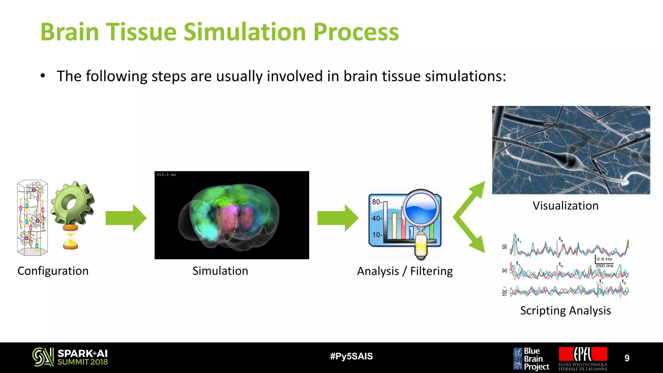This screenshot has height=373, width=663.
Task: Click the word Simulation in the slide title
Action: point(245,32)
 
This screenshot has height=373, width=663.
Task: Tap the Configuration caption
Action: point(53,271)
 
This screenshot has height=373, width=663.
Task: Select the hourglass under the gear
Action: point(71,237)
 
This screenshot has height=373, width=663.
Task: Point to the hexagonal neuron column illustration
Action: point(32,218)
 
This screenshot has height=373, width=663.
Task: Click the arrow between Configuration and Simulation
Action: point(126,218)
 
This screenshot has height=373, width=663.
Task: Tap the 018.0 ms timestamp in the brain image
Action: point(166,175)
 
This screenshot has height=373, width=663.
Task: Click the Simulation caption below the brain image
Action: point(220,271)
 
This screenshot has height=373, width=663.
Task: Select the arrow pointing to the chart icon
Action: point(338,218)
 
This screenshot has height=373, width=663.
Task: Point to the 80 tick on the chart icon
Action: point(376,202)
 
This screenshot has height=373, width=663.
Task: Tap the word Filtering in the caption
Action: point(431,271)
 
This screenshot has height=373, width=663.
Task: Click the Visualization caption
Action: point(566,206)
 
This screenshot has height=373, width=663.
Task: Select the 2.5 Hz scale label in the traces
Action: point(604,259)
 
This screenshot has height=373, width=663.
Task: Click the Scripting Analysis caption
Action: point(566,311)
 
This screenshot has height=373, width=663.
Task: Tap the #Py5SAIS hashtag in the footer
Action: point(351,356)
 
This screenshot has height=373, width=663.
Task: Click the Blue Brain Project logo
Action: point(531,358)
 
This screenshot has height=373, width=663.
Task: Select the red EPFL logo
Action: point(583,355)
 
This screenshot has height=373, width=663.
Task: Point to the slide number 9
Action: point(627,358)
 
